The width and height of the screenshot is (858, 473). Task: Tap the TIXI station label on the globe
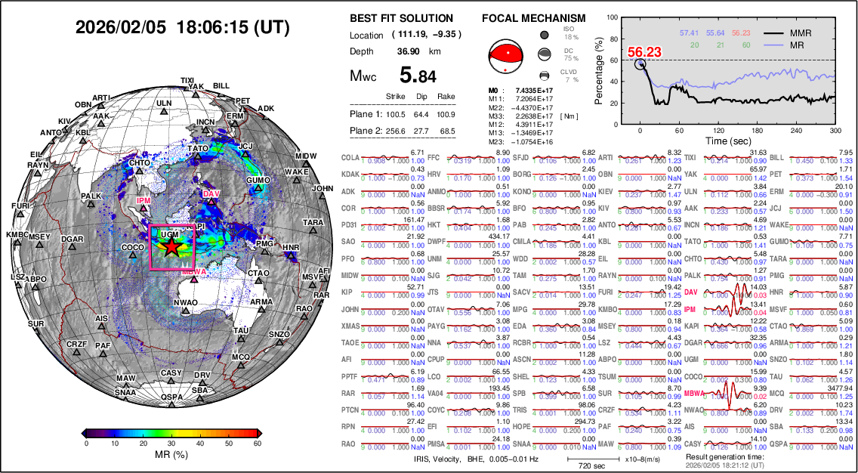(187, 80)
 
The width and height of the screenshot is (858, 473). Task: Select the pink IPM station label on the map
(144, 200)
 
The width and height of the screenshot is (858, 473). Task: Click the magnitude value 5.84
(418, 76)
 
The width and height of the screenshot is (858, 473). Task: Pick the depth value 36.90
(409, 51)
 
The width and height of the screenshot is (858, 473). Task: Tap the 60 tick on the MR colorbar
(258, 444)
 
